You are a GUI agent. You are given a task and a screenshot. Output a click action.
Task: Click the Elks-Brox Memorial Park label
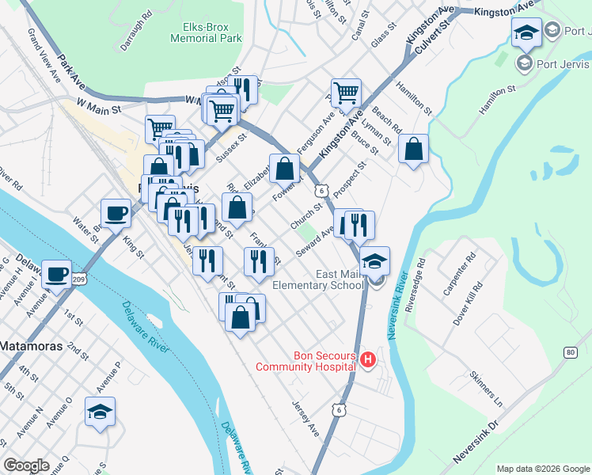(x=207, y=32)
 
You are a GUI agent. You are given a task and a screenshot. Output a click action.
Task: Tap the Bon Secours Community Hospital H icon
(x=367, y=361)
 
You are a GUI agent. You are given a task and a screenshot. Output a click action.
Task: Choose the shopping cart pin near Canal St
(x=346, y=93)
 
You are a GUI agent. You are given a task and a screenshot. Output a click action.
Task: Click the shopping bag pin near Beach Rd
(x=413, y=148)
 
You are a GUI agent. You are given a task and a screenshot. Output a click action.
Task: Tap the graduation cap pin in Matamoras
(x=101, y=412)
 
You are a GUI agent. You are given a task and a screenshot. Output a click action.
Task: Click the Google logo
(x=26, y=465)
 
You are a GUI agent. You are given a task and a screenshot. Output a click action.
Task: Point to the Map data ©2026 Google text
(x=542, y=469)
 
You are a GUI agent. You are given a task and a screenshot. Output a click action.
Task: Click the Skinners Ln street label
(x=485, y=387)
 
